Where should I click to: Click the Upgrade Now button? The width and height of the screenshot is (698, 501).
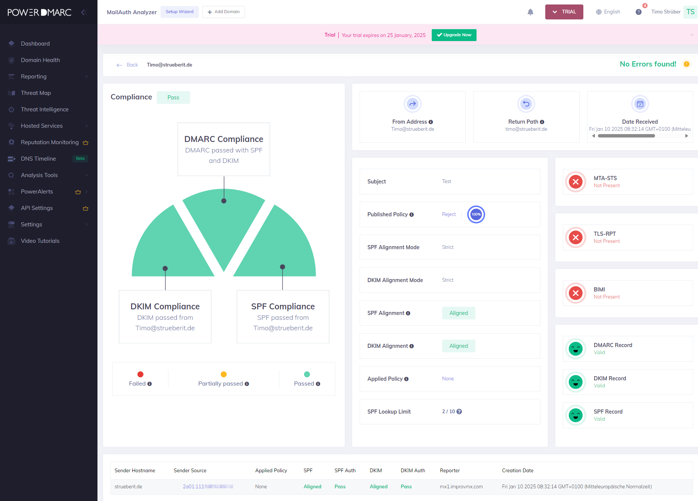(454, 35)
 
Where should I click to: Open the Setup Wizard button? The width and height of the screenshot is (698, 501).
(180, 12)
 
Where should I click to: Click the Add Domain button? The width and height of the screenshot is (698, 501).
(224, 12)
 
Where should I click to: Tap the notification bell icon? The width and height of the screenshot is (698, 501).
(530, 12)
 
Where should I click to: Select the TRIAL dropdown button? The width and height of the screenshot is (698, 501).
(564, 12)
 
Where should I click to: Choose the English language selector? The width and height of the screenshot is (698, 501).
(608, 12)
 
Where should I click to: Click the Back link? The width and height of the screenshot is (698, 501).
(128, 65)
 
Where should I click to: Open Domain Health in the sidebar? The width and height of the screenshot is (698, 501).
(40, 60)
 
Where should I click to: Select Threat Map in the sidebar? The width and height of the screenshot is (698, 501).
(36, 93)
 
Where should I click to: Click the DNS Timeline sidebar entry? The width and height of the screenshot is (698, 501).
(38, 159)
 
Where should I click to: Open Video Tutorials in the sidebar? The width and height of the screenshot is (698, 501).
(40, 241)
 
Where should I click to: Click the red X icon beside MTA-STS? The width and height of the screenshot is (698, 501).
(576, 182)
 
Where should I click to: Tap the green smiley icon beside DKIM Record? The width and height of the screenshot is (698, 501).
(576, 382)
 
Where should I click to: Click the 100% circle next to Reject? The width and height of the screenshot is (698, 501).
(476, 214)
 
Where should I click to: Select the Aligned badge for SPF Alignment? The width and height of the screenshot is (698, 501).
(459, 313)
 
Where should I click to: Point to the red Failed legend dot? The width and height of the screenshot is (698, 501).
(140, 374)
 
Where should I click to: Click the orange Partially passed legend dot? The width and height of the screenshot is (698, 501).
(224, 374)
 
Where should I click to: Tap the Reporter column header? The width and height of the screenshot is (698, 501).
(450, 471)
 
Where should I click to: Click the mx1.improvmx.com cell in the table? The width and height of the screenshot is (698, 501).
(461, 487)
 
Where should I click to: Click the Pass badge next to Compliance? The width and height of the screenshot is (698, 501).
(173, 98)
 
